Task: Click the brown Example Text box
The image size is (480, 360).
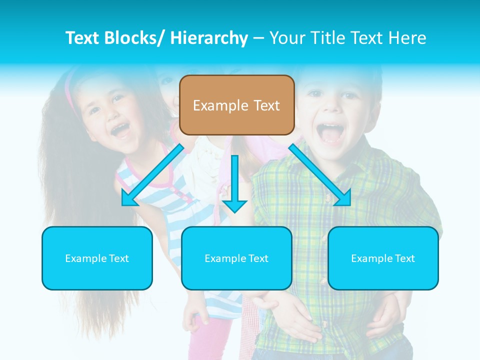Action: (236, 105)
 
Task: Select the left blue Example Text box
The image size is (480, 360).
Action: (97, 258)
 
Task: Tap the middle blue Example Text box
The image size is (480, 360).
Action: (236, 258)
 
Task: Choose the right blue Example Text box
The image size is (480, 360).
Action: (383, 258)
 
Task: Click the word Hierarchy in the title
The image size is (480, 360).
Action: (209, 38)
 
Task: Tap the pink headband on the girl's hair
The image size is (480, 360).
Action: (70, 92)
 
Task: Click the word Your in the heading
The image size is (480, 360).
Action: (286, 38)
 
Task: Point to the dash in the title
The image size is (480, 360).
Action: (258, 38)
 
